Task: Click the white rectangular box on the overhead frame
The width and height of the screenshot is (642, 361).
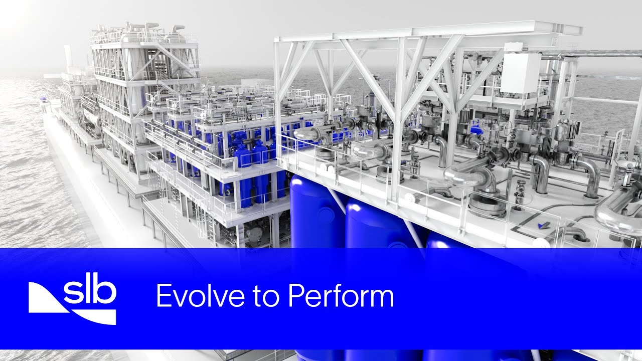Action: point(521,73)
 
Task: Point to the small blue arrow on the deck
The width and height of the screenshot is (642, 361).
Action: point(543,226)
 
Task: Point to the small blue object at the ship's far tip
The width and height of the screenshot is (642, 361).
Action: point(44,99)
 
